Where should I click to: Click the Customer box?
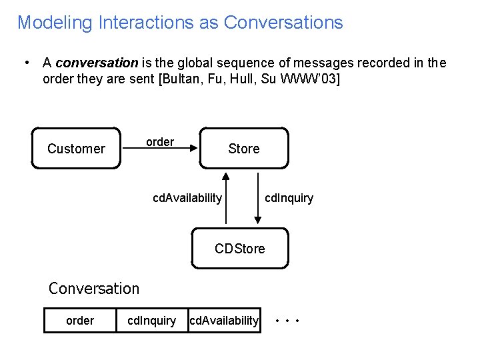76,148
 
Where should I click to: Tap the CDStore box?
240,249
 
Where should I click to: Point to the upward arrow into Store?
227,199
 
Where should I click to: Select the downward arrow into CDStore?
259,199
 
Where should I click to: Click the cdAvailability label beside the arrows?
187,198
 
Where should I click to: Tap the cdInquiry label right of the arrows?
289,198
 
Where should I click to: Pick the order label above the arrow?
160,142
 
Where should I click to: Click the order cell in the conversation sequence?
80,321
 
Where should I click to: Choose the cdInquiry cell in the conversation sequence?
152,321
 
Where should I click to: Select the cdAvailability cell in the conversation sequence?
224,321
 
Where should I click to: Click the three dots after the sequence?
288,321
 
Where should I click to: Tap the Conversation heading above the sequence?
94,289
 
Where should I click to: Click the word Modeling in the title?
55,23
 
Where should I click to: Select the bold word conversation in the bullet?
97,63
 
